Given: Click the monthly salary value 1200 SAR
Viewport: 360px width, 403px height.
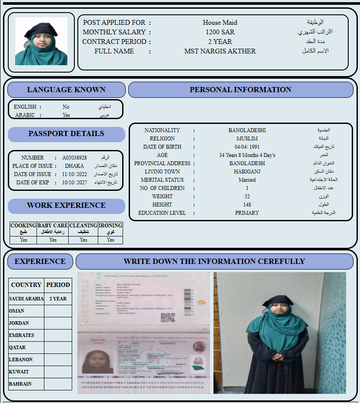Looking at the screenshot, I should (220, 32).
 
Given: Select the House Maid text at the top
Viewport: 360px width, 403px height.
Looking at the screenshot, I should (220, 23).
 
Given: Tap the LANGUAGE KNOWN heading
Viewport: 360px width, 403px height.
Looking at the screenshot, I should (66, 90).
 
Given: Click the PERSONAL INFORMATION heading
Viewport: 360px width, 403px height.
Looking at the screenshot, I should (240, 90).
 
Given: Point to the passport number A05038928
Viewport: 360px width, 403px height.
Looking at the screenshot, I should (74, 158).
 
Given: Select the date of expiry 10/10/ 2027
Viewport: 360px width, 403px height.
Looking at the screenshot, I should (74, 183).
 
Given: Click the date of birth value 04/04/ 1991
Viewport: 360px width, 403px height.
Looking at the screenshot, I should (247, 147).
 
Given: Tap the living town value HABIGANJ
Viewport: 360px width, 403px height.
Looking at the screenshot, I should (247, 172).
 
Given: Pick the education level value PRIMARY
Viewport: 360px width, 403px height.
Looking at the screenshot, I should (247, 213).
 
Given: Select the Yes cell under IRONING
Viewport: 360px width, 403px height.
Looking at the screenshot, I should (110, 240).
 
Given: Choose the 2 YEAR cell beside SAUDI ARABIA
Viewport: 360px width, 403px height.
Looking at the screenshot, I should (58, 299).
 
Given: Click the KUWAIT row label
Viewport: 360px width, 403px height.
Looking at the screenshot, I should (19, 372).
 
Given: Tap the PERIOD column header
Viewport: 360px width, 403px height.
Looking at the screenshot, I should (58, 285).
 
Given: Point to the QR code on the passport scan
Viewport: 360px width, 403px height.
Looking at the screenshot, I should (167, 317).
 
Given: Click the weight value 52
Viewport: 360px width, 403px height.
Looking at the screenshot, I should (247, 197).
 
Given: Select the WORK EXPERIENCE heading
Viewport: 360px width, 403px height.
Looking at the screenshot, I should (66, 205).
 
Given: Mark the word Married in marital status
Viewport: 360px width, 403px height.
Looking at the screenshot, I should (247, 180).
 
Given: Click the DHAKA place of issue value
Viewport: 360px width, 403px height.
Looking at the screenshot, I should (74, 166).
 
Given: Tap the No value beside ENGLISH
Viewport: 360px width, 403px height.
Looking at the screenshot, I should (66, 107).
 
